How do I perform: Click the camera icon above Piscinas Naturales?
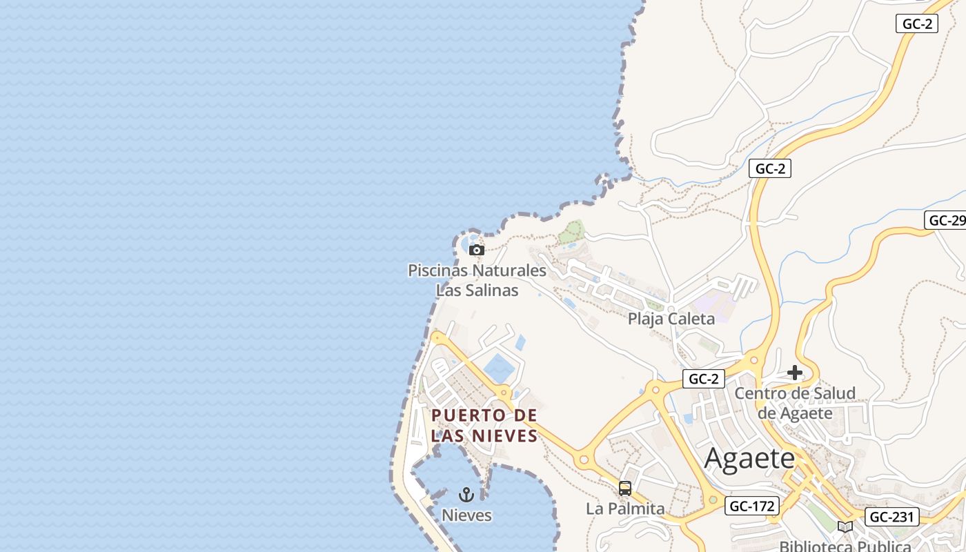pos(476,250)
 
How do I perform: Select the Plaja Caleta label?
pos(671,319)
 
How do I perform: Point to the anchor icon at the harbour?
pos(466,495)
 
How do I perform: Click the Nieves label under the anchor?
pos(466,515)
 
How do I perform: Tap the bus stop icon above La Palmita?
pos(625,489)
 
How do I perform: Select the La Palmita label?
pos(625,509)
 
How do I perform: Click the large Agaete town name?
pos(750,458)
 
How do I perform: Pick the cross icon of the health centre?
pos(795,373)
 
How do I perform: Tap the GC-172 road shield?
pos(752,506)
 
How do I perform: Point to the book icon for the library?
pos(845,526)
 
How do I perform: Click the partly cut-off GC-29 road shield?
pos(946,220)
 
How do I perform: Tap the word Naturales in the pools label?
pos(508,270)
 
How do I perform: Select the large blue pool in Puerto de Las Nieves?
pos(499,368)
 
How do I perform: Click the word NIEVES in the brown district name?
pos(505,436)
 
